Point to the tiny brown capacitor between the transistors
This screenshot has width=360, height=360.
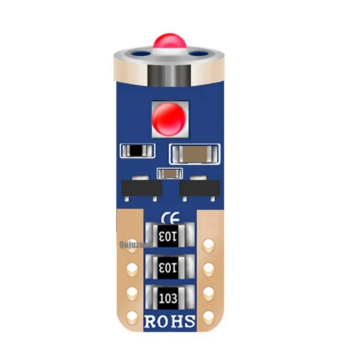pos(169,173)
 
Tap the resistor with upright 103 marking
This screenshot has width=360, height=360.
pos(170,297)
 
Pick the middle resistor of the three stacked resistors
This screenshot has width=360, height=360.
pos(170,267)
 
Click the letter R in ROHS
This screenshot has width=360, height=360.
pos(151,322)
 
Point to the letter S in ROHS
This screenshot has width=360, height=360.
pos(189,322)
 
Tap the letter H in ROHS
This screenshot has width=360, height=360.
pos(177,322)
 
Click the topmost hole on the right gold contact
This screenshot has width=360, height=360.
pos(207,246)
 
